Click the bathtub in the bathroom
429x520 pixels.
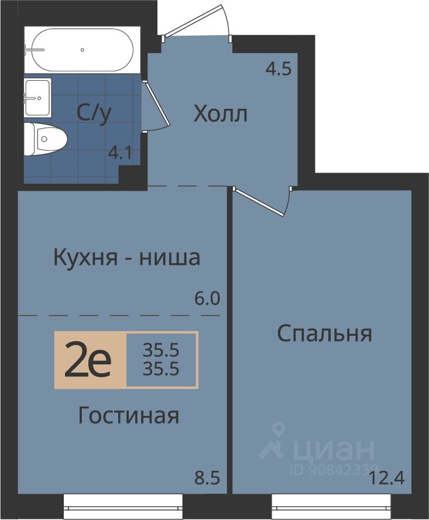click(x=83, y=50)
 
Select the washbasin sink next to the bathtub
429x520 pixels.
click(x=37, y=98)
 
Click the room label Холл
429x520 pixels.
click(x=221, y=114)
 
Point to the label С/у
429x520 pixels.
click(x=94, y=113)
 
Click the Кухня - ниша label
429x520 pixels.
click(x=127, y=258)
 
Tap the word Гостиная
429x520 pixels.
click(x=129, y=415)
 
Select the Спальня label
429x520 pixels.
click(x=324, y=333)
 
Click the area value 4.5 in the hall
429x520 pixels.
click(x=279, y=69)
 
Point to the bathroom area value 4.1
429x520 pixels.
click(x=121, y=153)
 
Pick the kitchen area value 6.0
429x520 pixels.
click(x=207, y=299)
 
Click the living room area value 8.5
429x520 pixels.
click(x=207, y=479)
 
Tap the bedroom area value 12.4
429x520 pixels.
click(x=386, y=479)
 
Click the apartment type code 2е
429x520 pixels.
click(x=88, y=361)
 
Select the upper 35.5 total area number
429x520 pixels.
click(x=161, y=350)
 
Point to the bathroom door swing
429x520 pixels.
click(x=155, y=105)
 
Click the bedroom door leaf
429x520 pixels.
click(x=259, y=202)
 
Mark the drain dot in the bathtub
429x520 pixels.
click(x=83, y=50)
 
